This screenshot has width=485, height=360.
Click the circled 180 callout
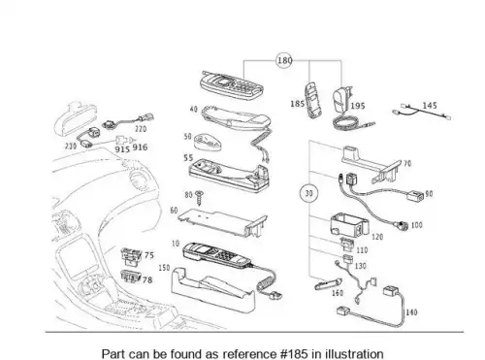point(284,60)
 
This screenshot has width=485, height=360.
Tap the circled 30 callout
point(308,193)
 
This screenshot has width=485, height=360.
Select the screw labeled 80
point(199,198)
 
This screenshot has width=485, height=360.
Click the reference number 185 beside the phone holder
point(298,104)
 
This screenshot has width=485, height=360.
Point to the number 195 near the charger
point(358,106)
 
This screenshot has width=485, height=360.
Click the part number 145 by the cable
point(430,105)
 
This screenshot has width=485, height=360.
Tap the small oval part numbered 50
point(208,143)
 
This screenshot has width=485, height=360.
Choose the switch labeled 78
point(131,277)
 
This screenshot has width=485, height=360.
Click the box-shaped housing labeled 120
point(349,224)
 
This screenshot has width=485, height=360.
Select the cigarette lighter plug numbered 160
point(328,283)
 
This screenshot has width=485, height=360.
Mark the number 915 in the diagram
point(122,149)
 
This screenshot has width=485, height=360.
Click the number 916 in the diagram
point(140,147)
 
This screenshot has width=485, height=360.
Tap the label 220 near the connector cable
point(141,129)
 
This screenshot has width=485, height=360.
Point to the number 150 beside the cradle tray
point(164,268)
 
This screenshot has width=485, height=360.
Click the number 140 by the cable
point(411,312)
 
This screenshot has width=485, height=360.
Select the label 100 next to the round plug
point(417,225)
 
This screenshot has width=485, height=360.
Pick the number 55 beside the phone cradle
point(188,158)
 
